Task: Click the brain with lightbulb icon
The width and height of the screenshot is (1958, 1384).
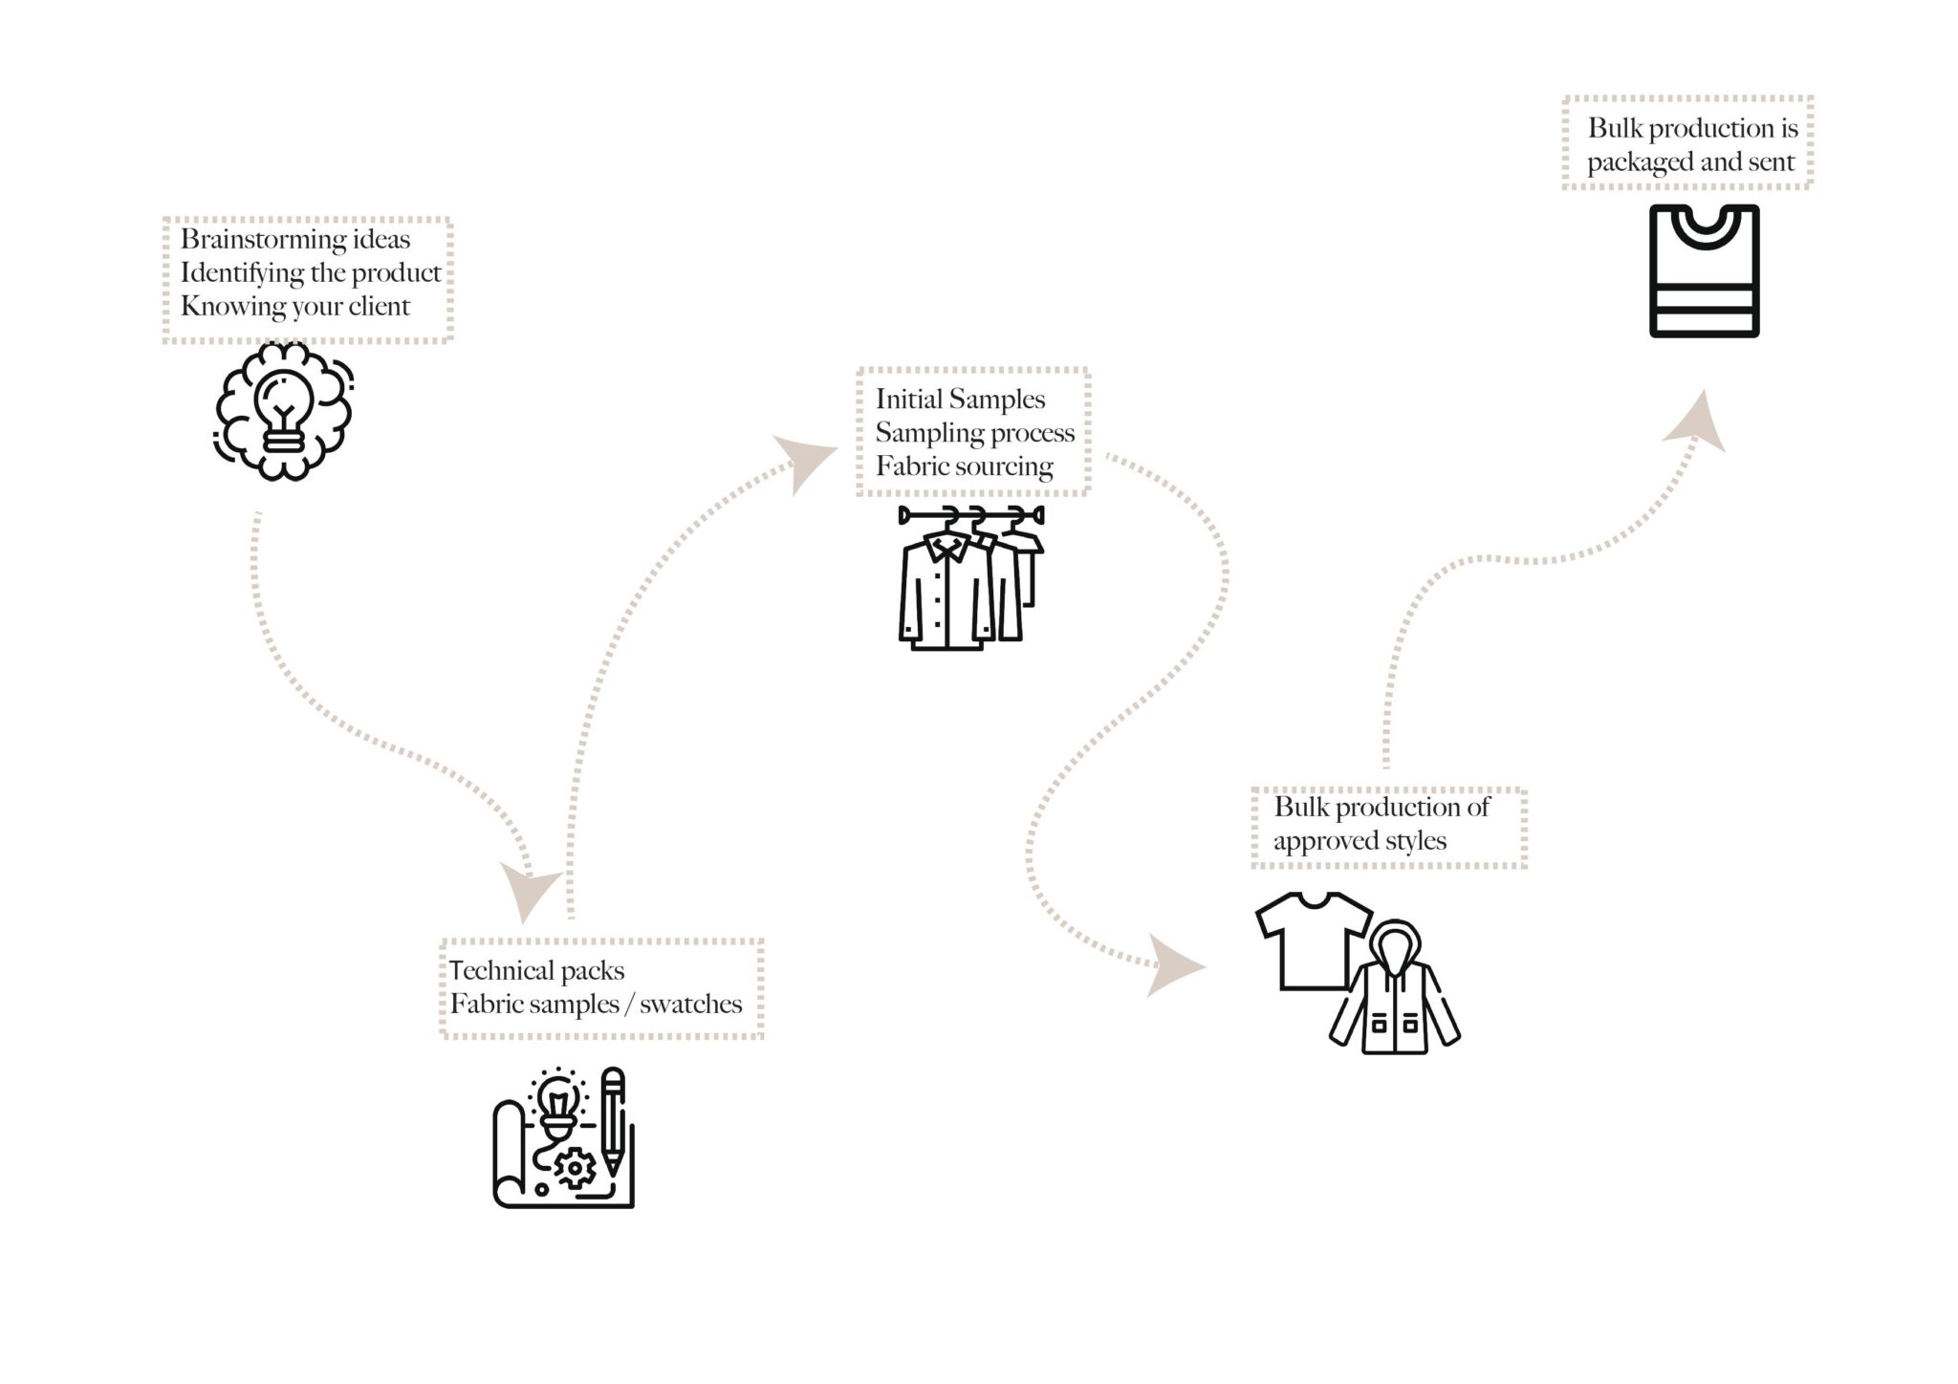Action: pos(283,412)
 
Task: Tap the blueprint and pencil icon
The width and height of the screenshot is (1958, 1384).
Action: pos(564,1137)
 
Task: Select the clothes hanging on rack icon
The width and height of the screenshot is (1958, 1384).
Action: pos(970,578)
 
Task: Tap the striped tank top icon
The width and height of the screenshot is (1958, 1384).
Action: pos(1705,270)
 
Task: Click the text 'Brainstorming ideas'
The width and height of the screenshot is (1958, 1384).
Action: pos(295,239)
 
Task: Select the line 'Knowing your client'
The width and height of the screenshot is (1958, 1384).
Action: pos(295,306)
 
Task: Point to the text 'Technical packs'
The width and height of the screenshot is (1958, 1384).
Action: pos(536,970)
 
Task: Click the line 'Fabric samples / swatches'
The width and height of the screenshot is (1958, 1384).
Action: pos(596,1004)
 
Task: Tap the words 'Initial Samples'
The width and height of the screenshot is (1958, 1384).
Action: pos(960,399)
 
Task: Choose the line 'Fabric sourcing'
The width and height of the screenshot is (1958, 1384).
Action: pos(964,465)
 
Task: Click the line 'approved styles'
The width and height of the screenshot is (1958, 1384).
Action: pos(1359,840)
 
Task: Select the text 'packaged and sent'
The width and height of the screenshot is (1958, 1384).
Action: pos(1690,162)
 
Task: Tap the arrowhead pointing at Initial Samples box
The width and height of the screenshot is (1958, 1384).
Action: pos(800,462)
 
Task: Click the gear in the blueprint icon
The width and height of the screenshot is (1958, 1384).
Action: pos(575,1168)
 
